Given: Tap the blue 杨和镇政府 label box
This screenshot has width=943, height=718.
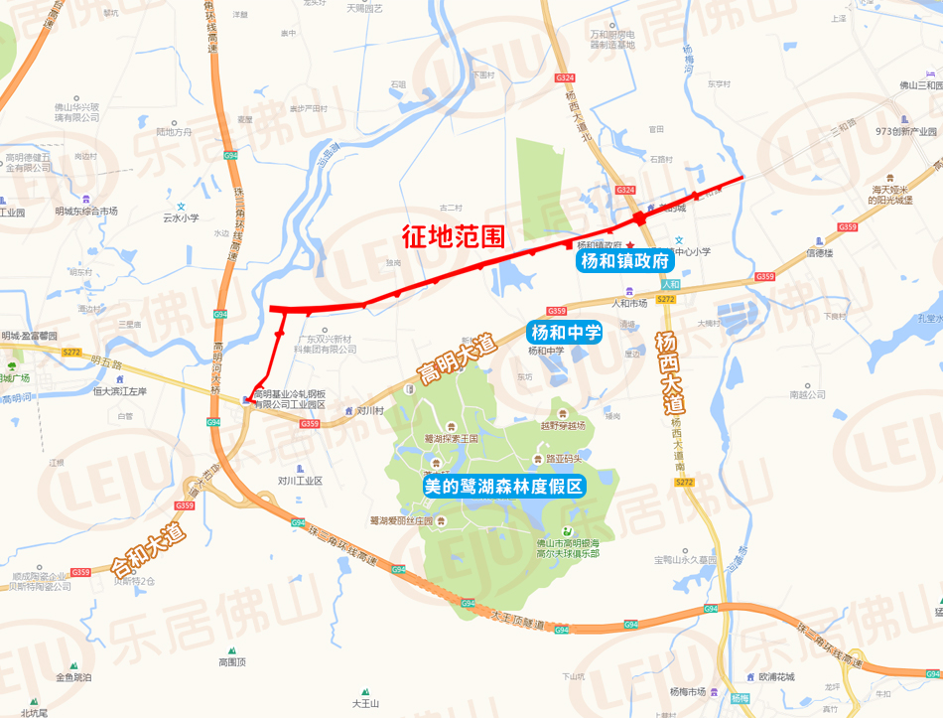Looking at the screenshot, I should pyautogui.click(x=625, y=262).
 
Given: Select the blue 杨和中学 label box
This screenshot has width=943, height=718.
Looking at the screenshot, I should pyautogui.click(x=565, y=333).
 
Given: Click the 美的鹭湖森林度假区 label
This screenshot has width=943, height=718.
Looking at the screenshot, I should pyautogui.click(x=504, y=487).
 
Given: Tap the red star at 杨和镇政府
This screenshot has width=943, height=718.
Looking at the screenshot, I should pyautogui.click(x=629, y=244).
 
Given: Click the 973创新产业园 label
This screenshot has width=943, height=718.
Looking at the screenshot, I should pyautogui.click(x=898, y=131).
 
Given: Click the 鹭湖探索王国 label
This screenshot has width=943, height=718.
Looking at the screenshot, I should pyautogui.click(x=451, y=437).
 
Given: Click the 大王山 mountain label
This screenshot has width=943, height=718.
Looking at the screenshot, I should pyautogui.click(x=365, y=703).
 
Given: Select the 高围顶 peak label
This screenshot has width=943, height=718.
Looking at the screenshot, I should pyautogui.click(x=232, y=661).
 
